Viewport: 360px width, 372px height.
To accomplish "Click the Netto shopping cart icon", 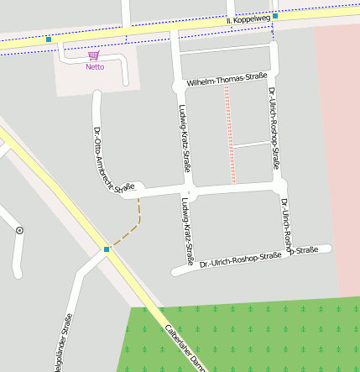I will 94,55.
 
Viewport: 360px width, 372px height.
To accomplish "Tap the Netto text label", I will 95,66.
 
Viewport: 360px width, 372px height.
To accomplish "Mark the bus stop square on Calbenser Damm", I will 107,249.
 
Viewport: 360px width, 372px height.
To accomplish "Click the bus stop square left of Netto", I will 50,39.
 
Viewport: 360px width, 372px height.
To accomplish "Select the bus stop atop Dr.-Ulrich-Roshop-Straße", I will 274,15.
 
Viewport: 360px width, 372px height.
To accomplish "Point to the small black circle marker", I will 19,229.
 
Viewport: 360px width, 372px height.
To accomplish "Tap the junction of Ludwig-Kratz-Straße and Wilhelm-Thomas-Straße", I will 177,86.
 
